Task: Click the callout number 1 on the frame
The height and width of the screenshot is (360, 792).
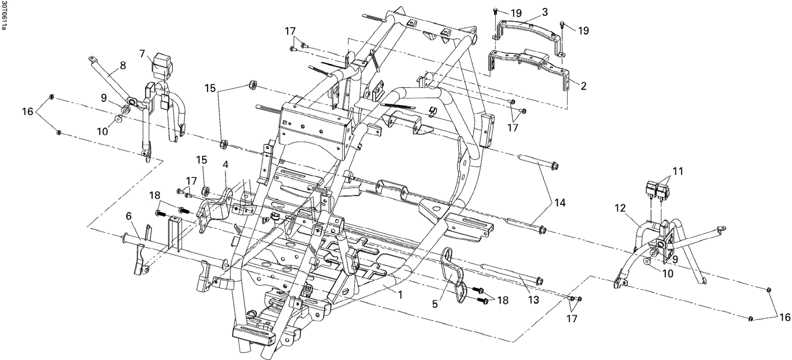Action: coord(400,295)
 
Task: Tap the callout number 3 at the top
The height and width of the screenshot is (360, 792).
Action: coord(530,11)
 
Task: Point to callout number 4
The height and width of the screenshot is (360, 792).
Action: coord(225,165)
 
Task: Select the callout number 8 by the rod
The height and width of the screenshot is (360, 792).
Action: coord(122,66)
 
